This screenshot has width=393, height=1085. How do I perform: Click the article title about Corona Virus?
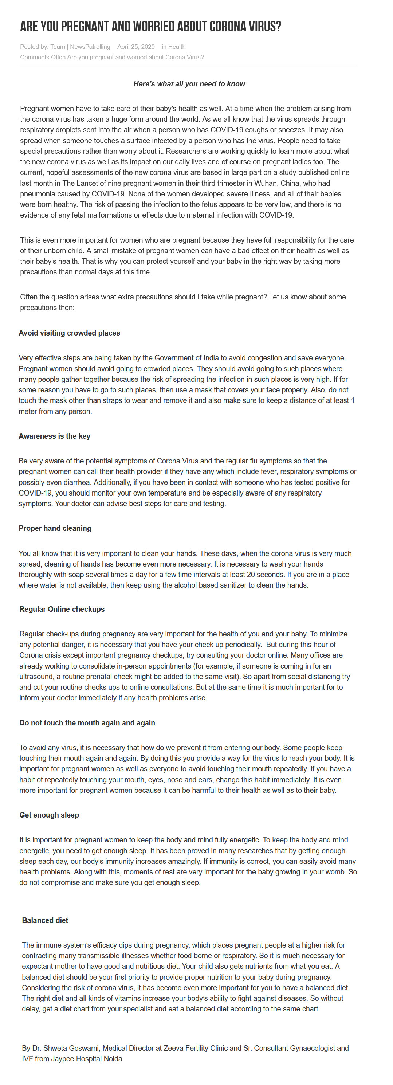(150, 27)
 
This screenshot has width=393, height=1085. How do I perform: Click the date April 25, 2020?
(135, 47)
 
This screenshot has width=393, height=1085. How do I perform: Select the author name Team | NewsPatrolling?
(80, 47)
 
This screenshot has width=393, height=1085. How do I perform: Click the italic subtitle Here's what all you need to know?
(189, 84)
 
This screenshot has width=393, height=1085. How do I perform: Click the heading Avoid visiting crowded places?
(69, 333)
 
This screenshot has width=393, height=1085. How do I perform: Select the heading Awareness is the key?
(54, 436)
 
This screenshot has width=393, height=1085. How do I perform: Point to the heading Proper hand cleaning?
(55, 529)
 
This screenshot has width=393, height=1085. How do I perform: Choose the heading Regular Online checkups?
(62, 610)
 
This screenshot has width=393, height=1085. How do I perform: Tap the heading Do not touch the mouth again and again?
(87, 723)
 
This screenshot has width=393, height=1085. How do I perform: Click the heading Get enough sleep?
(49, 815)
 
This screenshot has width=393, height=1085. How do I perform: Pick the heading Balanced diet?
(45, 921)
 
